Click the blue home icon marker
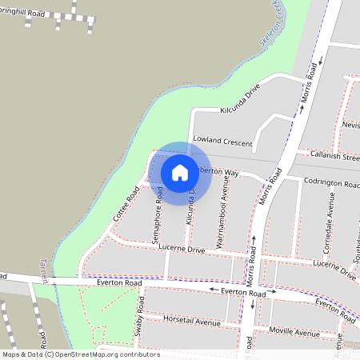[180, 172]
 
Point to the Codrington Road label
[332, 183]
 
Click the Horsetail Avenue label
[191, 322]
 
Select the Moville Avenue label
[294, 331]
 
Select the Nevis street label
[350, 125]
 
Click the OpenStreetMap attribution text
[81, 354]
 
